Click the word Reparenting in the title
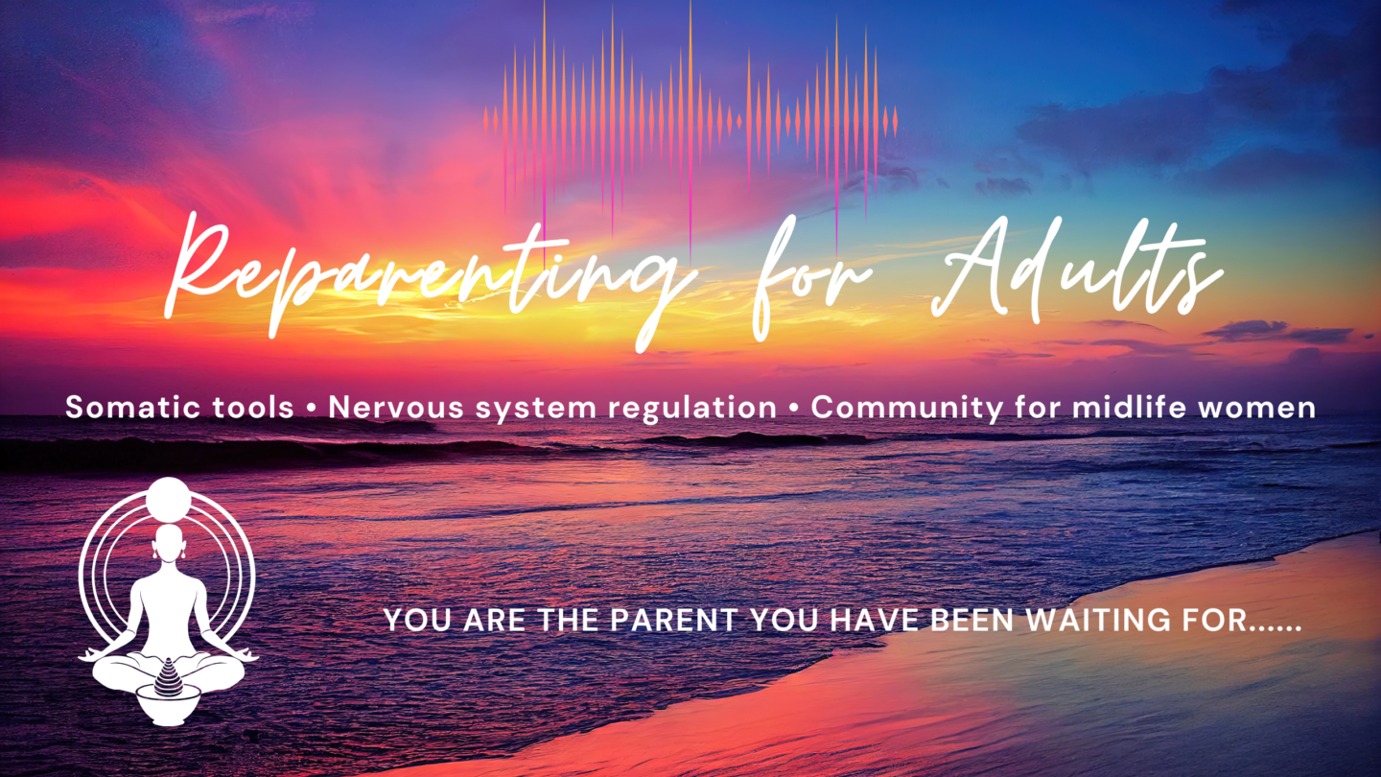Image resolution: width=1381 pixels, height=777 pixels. pyautogui.click(x=426, y=277)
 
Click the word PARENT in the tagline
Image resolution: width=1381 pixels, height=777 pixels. pyautogui.click(x=673, y=620)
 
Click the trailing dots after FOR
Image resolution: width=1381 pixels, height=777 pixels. pyautogui.click(x=1276, y=628)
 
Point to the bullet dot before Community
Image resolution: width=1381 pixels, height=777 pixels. pyautogui.click(x=793, y=408)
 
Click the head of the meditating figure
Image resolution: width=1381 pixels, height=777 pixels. pyautogui.click(x=169, y=542)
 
